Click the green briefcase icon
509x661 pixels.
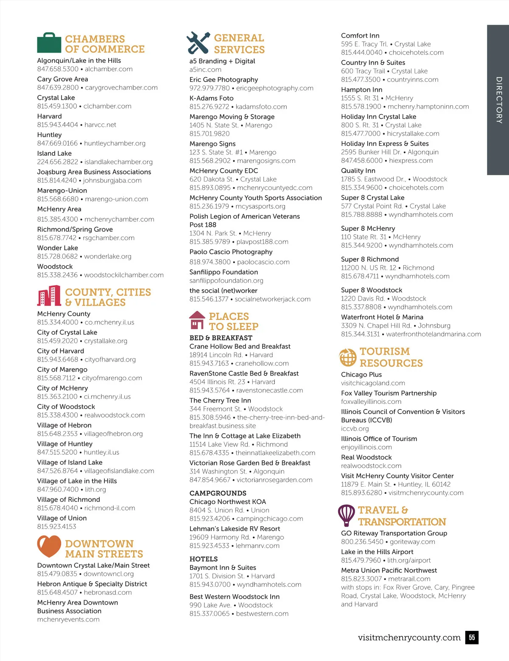click(x=49, y=43)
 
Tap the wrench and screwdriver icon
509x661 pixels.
click(x=198, y=42)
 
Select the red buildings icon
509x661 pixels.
click(x=49, y=296)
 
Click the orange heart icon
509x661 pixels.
click(x=49, y=546)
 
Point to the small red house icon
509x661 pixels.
click(x=197, y=320)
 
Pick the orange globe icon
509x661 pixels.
click(x=348, y=357)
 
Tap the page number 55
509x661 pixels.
click(x=472, y=637)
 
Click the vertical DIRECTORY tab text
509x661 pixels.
click(x=499, y=100)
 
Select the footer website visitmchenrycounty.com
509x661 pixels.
click(x=409, y=638)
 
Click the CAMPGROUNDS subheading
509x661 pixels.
click(x=218, y=493)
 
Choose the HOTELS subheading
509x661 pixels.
click(x=204, y=559)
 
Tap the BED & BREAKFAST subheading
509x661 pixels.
click(x=221, y=338)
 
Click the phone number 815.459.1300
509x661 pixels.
click(x=57, y=106)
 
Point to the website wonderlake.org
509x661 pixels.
click(x=108, y=256)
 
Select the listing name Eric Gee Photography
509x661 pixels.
click(x=224, y=80)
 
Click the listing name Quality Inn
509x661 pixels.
click(x=358, y=171)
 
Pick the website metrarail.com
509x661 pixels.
click(x=409, y=579)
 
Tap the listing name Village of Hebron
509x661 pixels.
click(x=64, y=425)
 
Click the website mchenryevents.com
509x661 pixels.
click(x=68, y=619)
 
